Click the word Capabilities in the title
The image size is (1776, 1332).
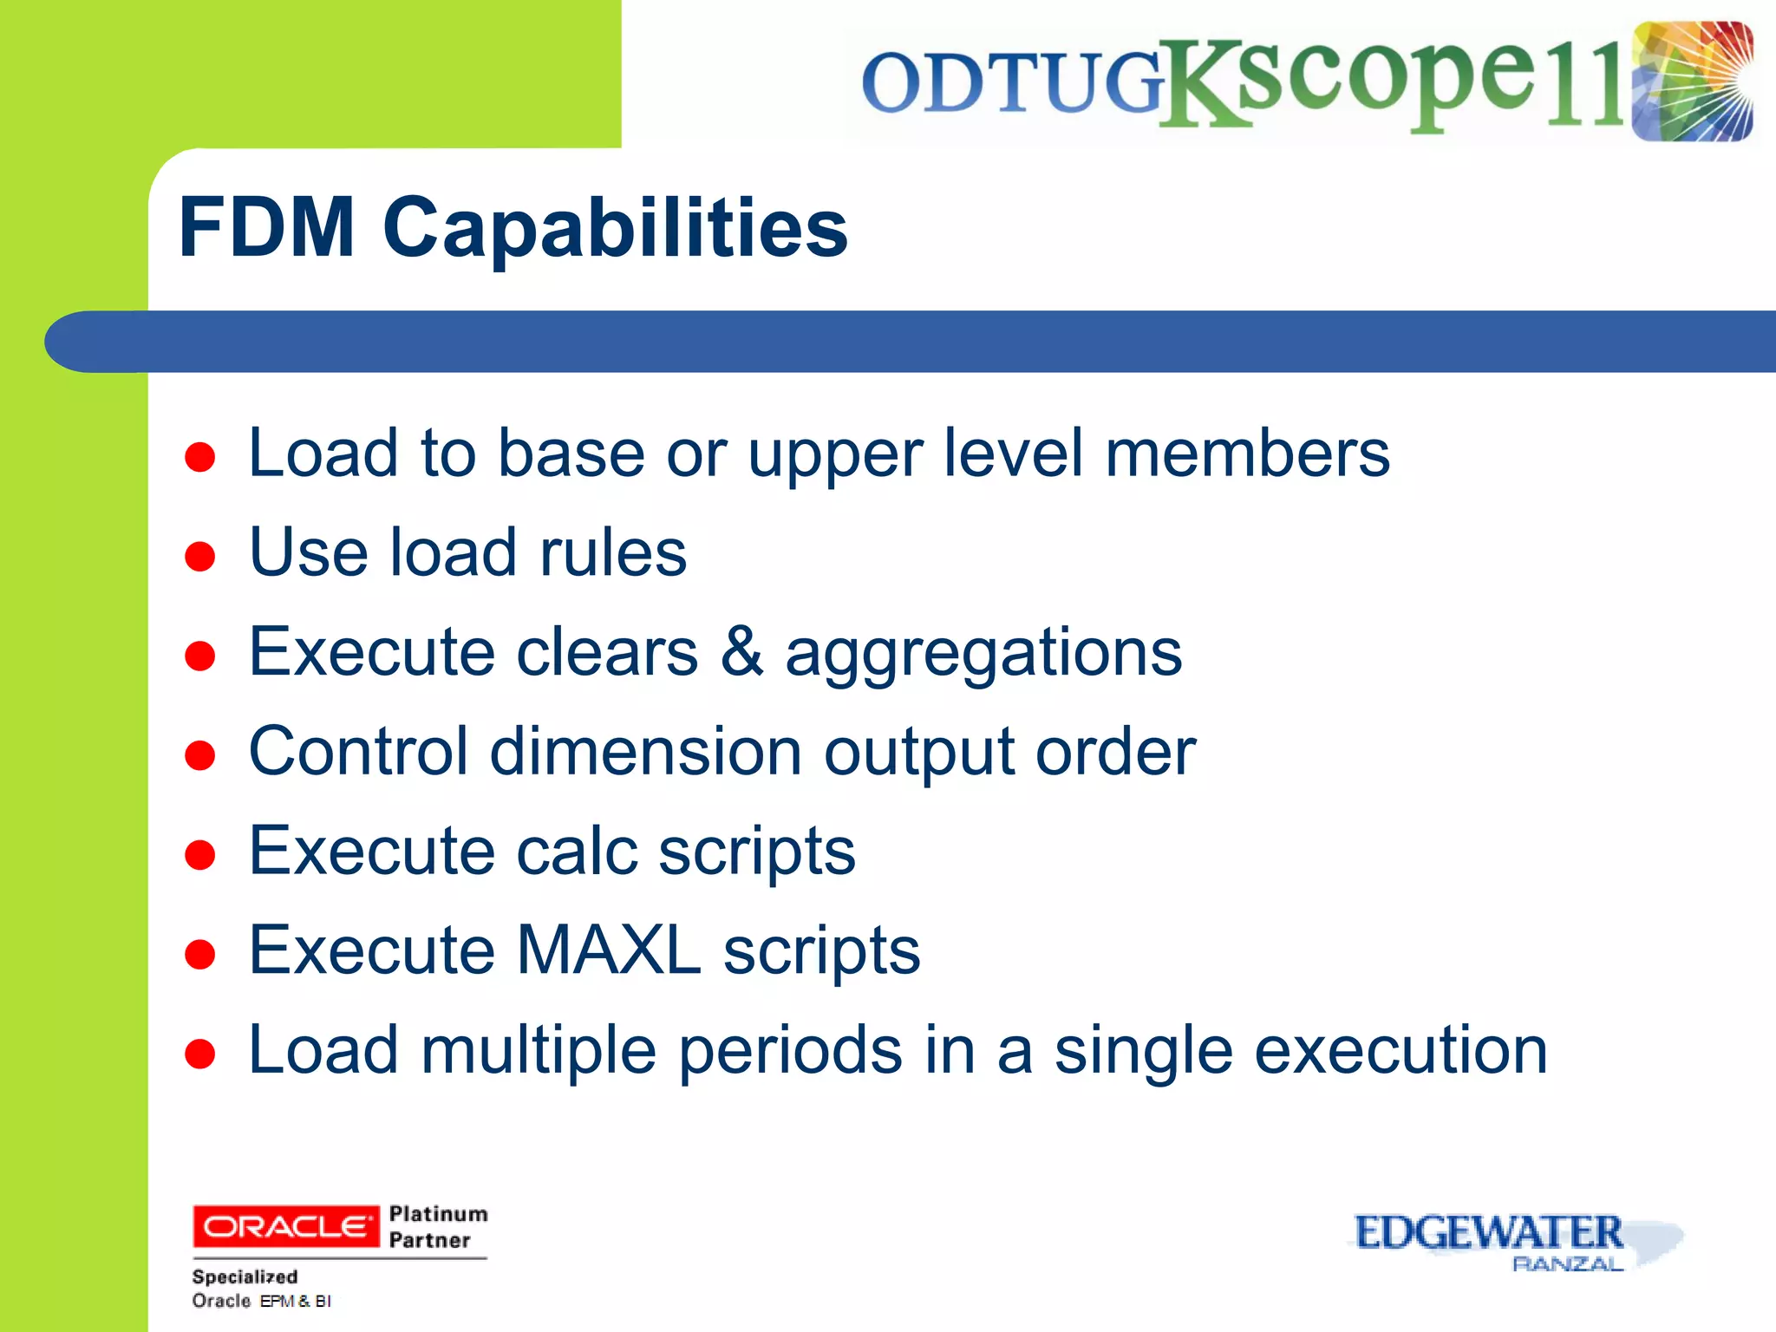[615, 228]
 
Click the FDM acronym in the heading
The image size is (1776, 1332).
[266, 228]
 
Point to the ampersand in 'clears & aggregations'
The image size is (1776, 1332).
[741, 652]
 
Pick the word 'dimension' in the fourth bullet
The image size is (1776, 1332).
[645, 752]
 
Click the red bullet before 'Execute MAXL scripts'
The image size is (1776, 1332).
[200, 954]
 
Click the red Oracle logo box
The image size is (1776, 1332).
[285, 1226]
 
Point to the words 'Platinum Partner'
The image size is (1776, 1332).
[437, 1226]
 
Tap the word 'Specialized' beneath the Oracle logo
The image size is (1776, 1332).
[245, 1276]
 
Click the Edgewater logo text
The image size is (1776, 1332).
[1488, 1232]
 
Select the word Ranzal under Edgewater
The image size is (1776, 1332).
[1567, 1264]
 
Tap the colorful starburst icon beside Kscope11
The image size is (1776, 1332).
[1692, 82]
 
